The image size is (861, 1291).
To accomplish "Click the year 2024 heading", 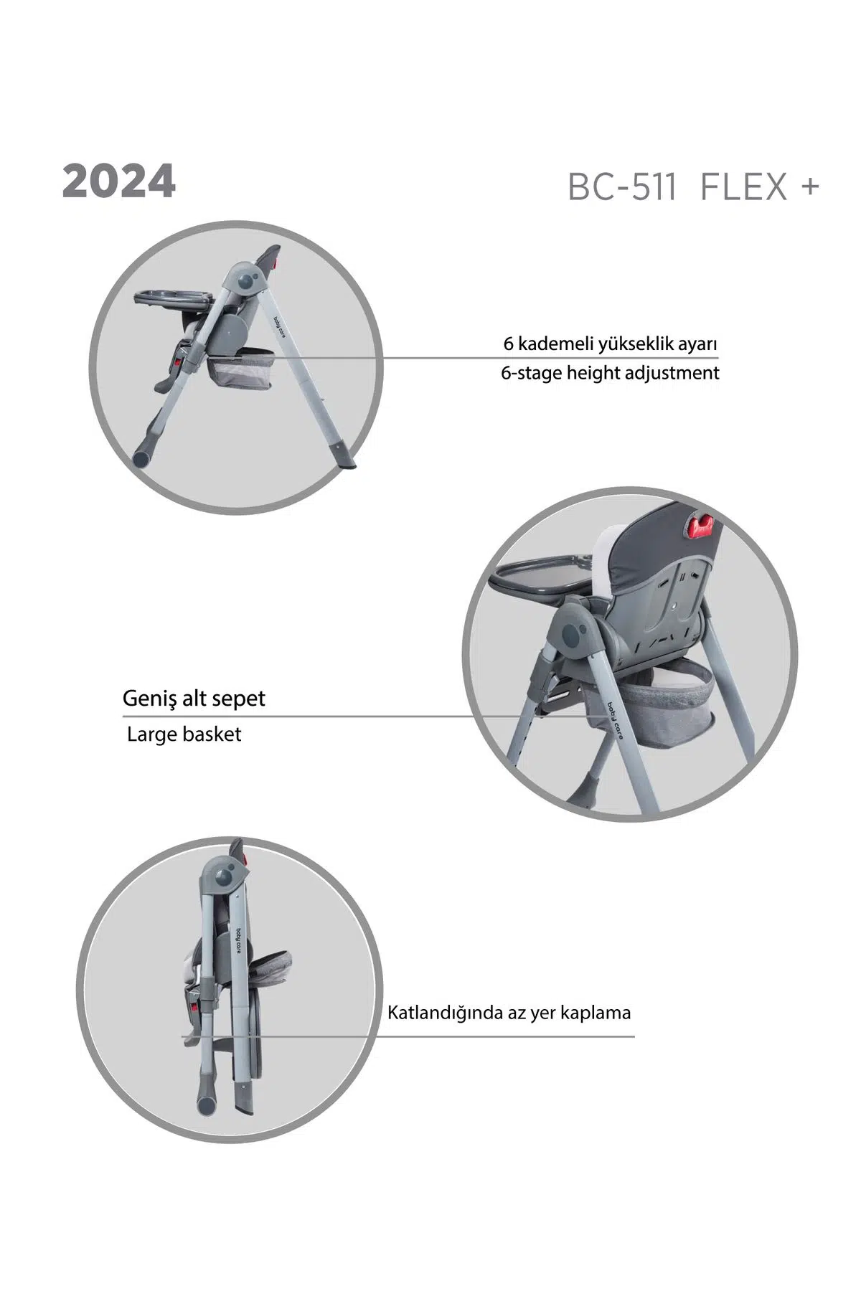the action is tap(119, 183).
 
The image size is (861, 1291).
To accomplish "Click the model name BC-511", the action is tap(622, 187).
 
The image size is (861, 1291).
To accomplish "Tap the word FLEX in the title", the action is tap(743, 187).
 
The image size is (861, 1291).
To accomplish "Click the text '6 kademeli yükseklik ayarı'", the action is tap(611, 344).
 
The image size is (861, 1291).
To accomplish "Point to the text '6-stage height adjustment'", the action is tap(610, 373).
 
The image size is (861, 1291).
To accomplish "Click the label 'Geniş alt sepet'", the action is tap(194, 699).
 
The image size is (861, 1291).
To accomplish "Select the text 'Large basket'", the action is tap(184, 734).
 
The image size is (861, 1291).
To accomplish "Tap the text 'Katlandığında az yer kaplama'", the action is tap(509, 1013).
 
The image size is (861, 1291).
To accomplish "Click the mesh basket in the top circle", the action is tap(240, 369).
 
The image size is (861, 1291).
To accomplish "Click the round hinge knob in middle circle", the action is tap(574, 634).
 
